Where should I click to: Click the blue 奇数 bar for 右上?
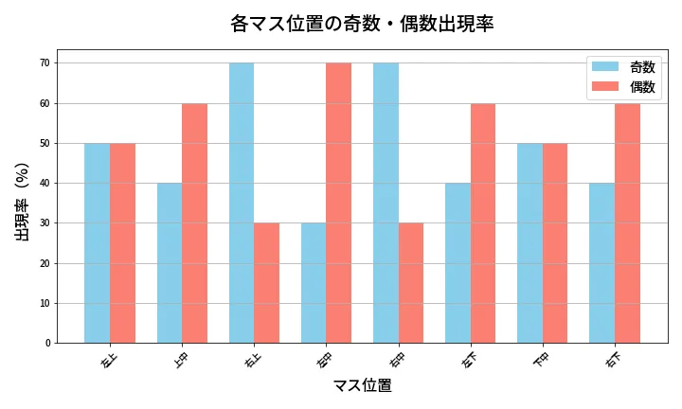[242, 203]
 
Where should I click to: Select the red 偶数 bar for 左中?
[338, 203]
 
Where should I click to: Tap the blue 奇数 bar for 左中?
[314, 283]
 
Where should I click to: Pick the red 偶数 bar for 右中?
[410, 283]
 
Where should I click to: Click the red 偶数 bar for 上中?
[194, 223]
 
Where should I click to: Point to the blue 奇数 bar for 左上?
[97, 243]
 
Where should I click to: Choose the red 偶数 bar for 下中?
[555, 243]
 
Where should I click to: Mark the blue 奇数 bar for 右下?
[601, 263]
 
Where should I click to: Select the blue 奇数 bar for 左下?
[458, 263]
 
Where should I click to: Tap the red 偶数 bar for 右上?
[266, 283]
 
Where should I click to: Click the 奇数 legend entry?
[624, 67]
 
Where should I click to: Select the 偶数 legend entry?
[624, 87]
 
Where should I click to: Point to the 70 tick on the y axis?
[45, 63]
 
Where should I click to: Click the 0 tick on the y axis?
[47, 344]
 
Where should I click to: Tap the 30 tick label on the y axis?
[45, 223]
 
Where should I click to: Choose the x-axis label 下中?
[542, 360]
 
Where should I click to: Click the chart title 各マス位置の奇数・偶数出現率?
[362, 24]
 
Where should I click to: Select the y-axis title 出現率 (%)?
[23, 202]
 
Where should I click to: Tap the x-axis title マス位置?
[362, 386]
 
